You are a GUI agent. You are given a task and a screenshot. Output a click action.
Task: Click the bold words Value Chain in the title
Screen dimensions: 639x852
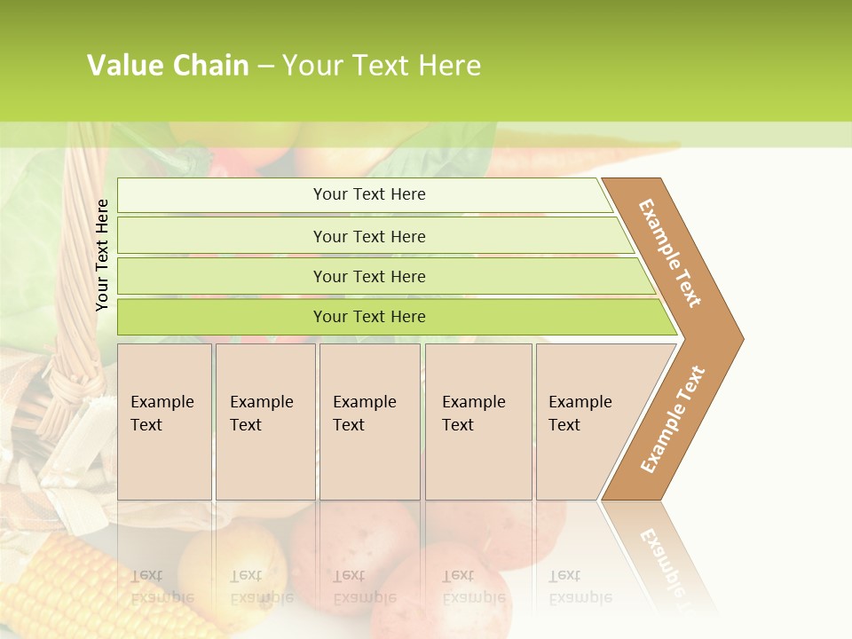click(x=168, y=66)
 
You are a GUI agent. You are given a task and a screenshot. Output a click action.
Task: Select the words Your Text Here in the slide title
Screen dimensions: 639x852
click(x=382, y=66)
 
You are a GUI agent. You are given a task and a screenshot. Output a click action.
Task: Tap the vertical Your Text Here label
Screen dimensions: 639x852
click(x=102, y=255)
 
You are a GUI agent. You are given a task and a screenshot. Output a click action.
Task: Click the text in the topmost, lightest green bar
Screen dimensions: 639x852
click(x=369, y=194)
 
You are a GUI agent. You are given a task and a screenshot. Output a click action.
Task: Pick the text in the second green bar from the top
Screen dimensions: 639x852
click(x=369, y=237)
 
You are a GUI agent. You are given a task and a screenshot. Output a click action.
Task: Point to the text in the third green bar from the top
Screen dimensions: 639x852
click(x=369, y=277)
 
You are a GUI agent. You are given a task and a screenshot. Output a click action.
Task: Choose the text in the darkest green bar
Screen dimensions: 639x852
click(x=369, y=317)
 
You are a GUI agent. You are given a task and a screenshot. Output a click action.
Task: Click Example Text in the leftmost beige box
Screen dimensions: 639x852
click(x=162, y=414)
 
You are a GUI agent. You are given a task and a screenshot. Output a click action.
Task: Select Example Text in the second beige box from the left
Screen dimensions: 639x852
click(x=261, y=414)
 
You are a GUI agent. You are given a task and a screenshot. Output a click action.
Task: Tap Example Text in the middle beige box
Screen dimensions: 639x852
click(x=364, y=414)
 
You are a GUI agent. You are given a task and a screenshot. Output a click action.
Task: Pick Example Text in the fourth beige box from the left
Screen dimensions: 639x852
click(x=473, y=414)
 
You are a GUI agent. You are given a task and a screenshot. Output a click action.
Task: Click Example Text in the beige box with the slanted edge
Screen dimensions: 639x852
click(x=580, y=414)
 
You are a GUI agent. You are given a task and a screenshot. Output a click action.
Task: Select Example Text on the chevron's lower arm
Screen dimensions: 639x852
click(x=673, y=419)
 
